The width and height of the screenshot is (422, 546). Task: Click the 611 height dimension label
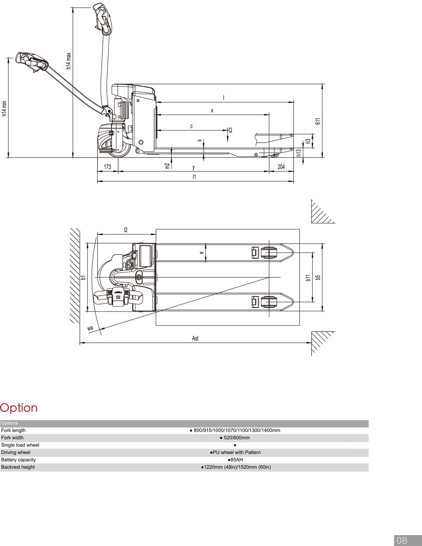[319, 121]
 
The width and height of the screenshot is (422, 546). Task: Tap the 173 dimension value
[107, 167]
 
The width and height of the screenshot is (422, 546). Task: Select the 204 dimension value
[281, 167]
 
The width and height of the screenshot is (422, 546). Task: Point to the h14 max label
[68, 61]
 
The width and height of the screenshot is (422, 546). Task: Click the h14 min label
[5, 109]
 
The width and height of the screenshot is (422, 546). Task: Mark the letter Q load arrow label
[230, 130]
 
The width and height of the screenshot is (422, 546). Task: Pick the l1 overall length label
[194, 177]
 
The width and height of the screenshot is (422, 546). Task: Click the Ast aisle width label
[195, 338]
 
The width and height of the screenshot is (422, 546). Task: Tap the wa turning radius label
[90, 328]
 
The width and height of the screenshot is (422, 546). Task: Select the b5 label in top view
[319, 277]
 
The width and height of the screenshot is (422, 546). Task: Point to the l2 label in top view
[125, 230]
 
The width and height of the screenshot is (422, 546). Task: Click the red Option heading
[19, 408]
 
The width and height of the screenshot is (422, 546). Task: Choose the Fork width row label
[12, 438]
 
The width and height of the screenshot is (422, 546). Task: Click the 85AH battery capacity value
[235, 460]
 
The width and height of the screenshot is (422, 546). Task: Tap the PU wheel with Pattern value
[235, 452]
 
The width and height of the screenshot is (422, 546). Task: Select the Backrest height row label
[18, 467]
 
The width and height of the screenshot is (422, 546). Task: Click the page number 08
[402, 540]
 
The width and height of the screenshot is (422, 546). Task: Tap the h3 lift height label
[308, 141]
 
